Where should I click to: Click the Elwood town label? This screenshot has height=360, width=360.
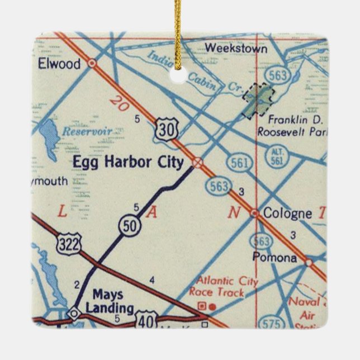coord(59,64)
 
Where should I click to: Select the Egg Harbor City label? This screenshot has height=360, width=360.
coord(129,163)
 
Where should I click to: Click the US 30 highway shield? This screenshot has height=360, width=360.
coord(167,129)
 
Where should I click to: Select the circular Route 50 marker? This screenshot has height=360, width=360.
coord(129,225)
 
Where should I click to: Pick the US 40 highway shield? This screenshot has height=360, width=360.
coord(145,321)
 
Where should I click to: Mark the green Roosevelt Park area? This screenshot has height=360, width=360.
coord(258,99)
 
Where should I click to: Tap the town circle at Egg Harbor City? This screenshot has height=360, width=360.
coord(197,163)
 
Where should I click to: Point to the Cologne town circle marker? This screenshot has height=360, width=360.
coord(254,213)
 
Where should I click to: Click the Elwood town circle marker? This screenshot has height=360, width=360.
coord(92,64)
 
